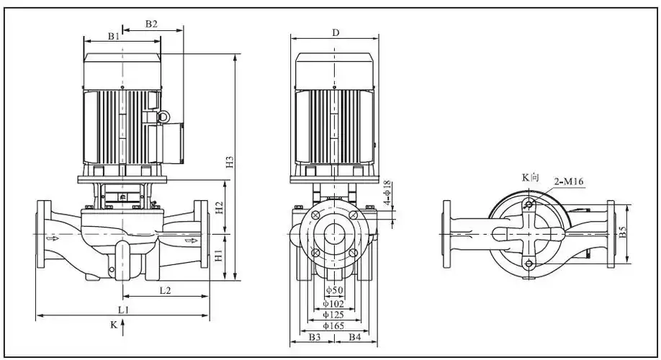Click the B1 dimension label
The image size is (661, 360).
pos(114,35)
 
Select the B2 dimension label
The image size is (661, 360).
pos(151,24)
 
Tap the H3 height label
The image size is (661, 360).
pos(230,163)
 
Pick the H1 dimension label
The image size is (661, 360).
pos(220,256)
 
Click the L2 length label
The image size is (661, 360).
pos(164,289)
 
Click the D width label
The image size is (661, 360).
pos(336,33)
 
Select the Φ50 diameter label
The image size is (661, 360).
pos(333,290)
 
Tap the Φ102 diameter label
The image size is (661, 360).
pos(333,303)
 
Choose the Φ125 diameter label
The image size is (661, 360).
pos(333,315)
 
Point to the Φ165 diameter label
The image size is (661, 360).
pos(333,326)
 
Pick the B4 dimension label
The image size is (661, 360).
pos(355,337)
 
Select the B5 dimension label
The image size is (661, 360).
pos(624,233)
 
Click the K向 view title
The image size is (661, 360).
pos(530,177)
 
